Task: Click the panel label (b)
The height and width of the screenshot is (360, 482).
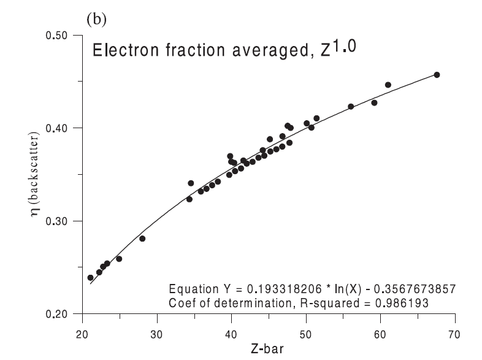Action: click(x=96, y=19)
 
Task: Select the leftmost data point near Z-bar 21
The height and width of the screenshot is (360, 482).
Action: click(x=90, y=278)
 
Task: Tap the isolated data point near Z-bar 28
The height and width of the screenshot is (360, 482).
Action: click(x=142, y=239)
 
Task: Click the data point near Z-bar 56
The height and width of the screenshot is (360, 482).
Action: click(x=351, y=107)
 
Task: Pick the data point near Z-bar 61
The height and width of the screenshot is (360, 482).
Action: click(x=388, y=85)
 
